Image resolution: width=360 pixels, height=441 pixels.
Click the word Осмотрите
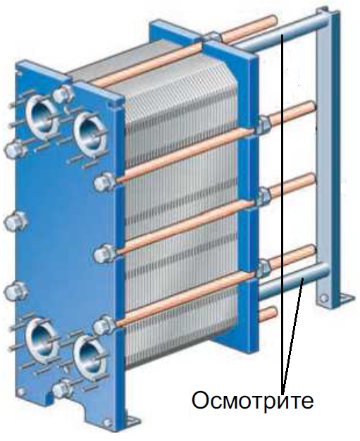click(x=252, y=400)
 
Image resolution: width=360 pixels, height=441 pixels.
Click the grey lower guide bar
click(x=294, y=280)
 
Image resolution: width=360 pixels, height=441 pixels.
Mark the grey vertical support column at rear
click(x=328, y=158)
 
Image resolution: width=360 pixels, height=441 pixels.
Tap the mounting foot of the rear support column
click(x=345, y=298)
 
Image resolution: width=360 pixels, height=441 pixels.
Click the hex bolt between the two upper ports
click(x=63, y=94)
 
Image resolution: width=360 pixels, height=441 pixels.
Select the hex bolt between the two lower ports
click(x=63, y=388)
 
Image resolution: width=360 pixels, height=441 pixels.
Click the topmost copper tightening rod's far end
click(x=273, y=21)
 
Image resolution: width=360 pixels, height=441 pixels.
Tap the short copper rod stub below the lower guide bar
click(x=268, y=313)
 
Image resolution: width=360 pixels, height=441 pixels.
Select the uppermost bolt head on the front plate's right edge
click(x=103, y=182)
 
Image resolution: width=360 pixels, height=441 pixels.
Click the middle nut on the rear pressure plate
click(x=263, y=197)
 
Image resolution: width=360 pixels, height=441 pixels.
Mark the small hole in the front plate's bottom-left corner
click(x=20, y=392)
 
